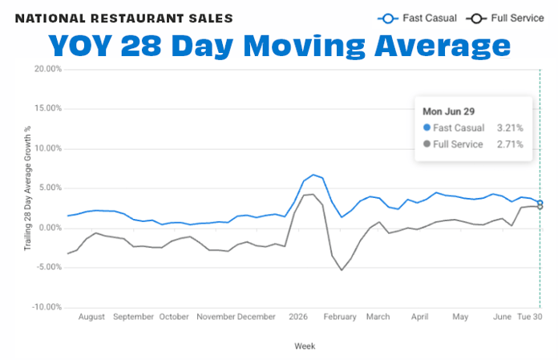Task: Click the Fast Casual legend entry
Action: (418, 18)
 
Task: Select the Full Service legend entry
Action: (505, 18)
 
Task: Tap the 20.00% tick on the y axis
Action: (48, 69)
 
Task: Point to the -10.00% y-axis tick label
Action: (46, 307)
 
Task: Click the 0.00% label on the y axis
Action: (51, 228)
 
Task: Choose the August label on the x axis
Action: (91, 317)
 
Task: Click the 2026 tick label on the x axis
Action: (298, 317)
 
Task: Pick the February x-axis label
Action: (340, 317)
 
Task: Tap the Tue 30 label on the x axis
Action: (529, 317)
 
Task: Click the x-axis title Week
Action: (305, 346)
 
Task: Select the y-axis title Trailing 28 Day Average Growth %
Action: (27, 188)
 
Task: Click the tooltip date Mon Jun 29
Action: (449, 111)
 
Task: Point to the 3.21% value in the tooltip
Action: (510, 127)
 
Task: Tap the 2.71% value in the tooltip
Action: (510, 144)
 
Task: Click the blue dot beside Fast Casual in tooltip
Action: (427, 127)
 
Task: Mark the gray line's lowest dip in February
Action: (342, 270)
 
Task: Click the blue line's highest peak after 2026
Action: (313, 175)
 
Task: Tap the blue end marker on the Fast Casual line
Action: (540, 203)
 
